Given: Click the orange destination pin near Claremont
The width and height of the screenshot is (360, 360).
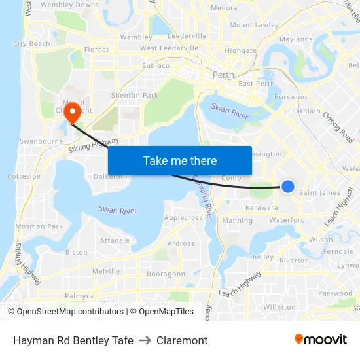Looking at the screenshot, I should click(72, 111).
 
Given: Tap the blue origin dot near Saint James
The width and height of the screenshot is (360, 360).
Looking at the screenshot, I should click(287, 187).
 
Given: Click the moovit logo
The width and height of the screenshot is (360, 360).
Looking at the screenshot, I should click(321, 339).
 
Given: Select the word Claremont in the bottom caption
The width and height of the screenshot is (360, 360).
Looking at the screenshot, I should click(182, 340).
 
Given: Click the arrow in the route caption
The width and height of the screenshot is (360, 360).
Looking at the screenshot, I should click(145, 340).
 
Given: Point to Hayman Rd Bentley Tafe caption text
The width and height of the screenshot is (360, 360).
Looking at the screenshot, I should click(73, 340).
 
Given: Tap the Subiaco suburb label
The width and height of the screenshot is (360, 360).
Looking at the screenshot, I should click(156, 65).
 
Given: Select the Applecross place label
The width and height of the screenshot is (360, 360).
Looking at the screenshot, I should click(183, 217).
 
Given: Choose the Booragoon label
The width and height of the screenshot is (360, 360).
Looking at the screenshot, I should click(166, 274).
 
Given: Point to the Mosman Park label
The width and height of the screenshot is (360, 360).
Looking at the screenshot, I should click(39, 226).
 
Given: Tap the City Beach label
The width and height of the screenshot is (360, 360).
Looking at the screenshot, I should click(31, 44).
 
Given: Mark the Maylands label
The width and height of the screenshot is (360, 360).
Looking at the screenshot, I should click(296, 39).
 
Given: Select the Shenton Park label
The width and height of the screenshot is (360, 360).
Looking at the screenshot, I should click(135, 95).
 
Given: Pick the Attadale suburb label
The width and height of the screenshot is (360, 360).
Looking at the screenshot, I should click(115, 240).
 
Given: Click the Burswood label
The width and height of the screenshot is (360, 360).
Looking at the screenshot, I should click(292, 97).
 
